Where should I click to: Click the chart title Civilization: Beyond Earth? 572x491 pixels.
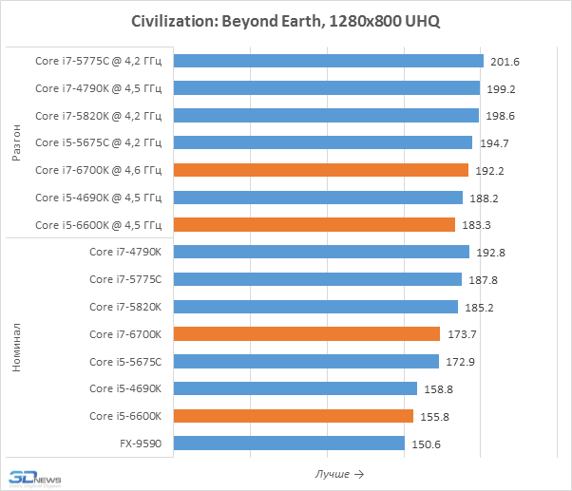click(285, 21)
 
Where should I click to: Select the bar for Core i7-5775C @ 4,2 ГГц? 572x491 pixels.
click(330, 61)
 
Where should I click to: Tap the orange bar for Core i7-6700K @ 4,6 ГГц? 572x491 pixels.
click(322, 170)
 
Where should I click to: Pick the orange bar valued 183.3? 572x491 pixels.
click(315, 225)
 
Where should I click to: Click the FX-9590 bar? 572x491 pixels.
click(291, 444)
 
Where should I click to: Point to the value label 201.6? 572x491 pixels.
click(506, 62)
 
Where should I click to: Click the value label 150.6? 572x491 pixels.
click(428, 444)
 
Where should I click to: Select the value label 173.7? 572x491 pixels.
click(463, 334)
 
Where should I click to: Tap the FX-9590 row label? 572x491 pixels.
click(143, 444)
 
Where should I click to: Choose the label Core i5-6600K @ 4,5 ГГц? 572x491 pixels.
click(99, 225)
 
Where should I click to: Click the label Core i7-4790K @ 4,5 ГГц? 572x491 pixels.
click(99, 88)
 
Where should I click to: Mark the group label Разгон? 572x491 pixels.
click(16, 142)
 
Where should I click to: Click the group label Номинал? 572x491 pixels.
click(16, 348)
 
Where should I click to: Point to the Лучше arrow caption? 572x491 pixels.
click(337, 474)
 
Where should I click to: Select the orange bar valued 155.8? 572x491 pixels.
click(295, 416)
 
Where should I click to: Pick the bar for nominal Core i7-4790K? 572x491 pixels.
click(323, 252)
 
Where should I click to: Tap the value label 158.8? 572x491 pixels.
click(440, 389)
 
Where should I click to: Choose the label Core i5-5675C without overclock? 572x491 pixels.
click(126, 362)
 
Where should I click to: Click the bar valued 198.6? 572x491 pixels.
click(327, 116)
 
